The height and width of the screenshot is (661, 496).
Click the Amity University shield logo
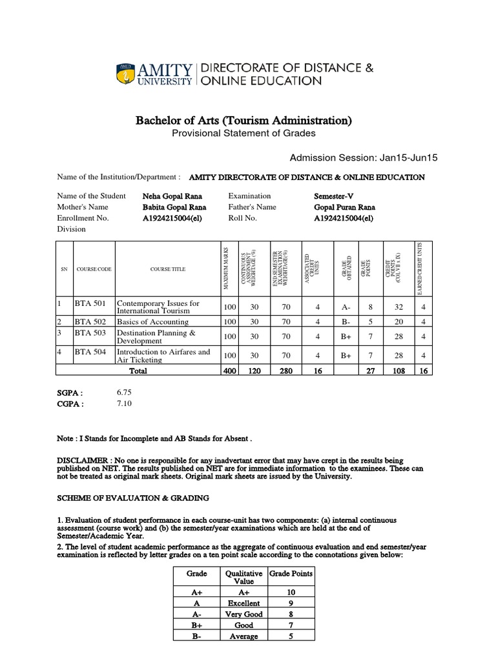point(126,74)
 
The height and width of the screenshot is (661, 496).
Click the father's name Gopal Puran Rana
point(344,207)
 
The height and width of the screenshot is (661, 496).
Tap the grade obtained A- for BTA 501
point(346,308)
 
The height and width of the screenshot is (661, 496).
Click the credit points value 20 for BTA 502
point(399,321)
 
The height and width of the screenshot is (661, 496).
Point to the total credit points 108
point(398,371)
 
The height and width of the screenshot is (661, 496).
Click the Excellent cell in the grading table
point(243,603)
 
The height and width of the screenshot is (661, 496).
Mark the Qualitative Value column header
point(243,576)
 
